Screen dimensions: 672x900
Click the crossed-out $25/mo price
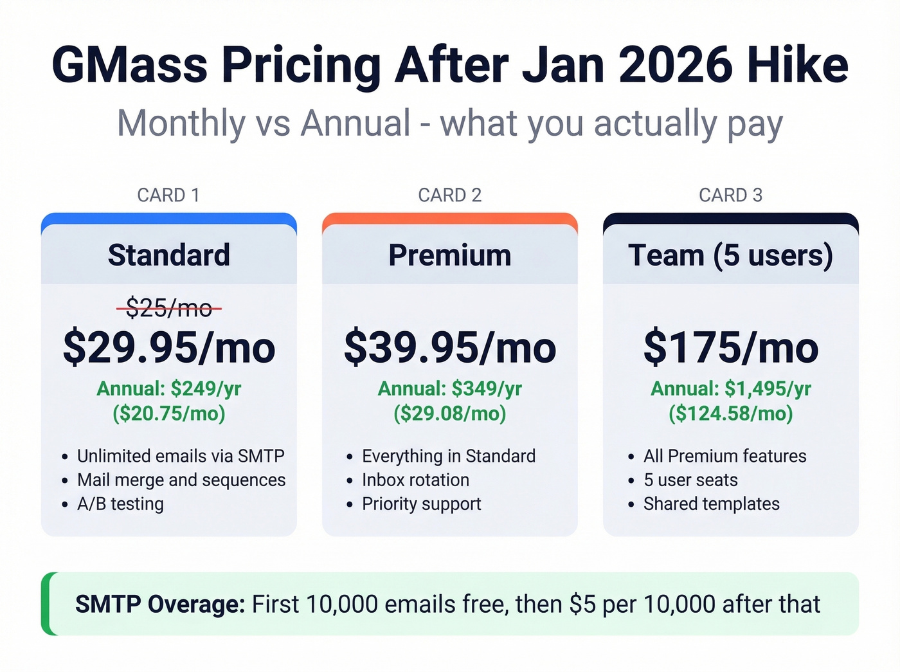[169, 309]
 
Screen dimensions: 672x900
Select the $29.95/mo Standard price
[169, 348]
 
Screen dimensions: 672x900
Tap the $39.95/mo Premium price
[450, 348]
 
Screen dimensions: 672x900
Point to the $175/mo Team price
[731, 348]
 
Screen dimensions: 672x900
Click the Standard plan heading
[169, 255]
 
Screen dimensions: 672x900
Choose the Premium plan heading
[450, 255]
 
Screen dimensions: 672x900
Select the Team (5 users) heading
[731, 255]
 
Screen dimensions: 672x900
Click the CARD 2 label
[450, 195]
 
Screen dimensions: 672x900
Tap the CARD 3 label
[731, 195]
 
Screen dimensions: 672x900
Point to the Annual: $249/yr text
[169, 388]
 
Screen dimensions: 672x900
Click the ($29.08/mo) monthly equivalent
[450, 413]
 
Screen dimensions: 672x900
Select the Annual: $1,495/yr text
[731, 388]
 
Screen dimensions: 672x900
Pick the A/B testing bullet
[120, 504]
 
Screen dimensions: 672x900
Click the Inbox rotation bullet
[415, 480]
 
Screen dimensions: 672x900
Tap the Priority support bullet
[421, 504]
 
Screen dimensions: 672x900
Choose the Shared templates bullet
[711, 504]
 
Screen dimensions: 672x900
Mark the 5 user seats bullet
[690, 480]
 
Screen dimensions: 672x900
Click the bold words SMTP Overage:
[160, 604]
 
